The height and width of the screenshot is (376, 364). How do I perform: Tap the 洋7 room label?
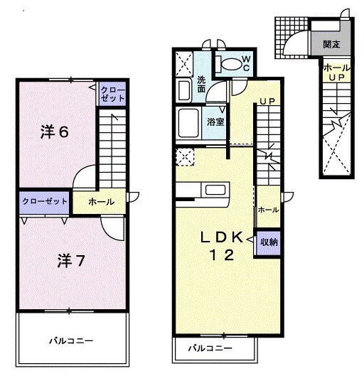(x=71, y=261)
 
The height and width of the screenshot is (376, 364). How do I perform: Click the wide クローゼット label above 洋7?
(x=44, y=201)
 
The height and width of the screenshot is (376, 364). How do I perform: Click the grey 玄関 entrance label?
(x=330, y=44)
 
